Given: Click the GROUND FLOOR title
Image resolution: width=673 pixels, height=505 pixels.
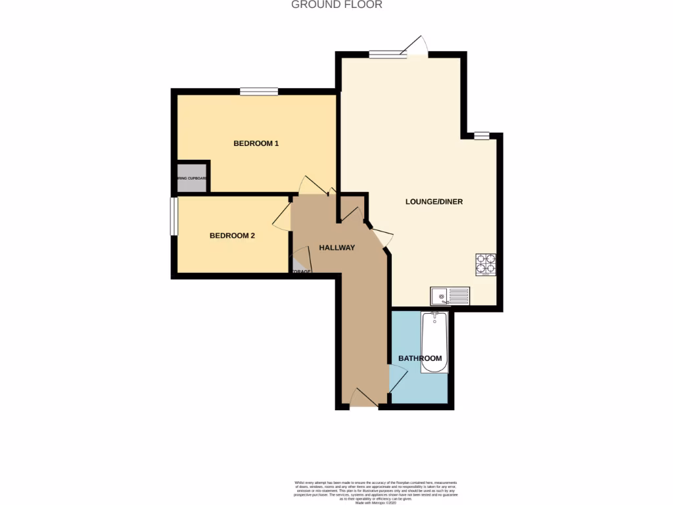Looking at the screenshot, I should [336, 5].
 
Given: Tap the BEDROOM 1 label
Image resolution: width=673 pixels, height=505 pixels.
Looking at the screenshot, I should [256, 143].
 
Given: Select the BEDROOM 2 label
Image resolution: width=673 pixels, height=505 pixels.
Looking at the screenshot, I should [232, 235].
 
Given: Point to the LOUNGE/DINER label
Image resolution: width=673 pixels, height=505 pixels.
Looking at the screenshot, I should [434, 202].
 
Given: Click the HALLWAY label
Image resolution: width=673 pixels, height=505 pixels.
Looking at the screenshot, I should [336, 248].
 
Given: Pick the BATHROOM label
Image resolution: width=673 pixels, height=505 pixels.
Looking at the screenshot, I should [420, 358].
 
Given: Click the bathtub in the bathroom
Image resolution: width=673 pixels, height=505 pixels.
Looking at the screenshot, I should [434, 342].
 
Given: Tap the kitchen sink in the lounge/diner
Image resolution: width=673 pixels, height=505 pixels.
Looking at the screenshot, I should [450, 297].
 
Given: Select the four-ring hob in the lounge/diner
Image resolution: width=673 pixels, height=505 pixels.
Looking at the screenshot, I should [486, 264].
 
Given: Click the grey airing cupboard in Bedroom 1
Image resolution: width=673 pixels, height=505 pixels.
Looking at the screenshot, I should [192, 178].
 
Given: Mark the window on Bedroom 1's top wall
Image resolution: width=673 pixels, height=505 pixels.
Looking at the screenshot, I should [258, 92].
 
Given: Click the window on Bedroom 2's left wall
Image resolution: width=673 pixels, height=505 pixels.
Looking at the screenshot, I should [174, 216].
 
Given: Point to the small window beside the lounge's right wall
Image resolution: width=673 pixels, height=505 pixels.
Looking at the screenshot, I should [482, 136].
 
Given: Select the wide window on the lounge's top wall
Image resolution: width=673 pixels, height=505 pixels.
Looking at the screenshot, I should [388, 55].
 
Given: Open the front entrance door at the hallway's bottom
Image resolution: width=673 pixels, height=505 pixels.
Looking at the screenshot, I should [363, 398].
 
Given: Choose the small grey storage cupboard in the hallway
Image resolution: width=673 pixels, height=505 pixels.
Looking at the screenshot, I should [298, 266].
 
